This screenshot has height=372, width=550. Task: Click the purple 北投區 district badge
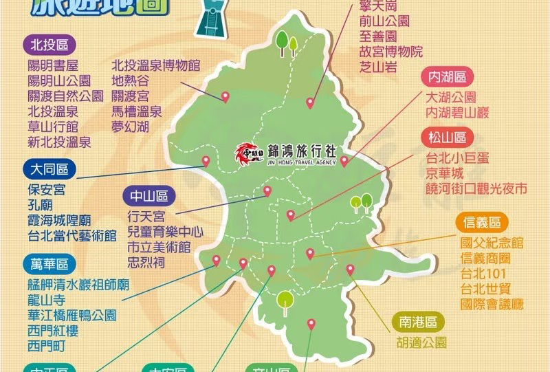click(49, 45)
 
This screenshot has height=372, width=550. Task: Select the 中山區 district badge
click(148, 196)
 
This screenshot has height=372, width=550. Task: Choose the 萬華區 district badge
click(49, 263)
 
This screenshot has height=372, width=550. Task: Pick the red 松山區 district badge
click(448, 136)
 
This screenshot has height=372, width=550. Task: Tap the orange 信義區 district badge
click(482, 223)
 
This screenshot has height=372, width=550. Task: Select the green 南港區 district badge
click(418, 321)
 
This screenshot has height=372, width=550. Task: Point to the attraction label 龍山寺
click(47, 300)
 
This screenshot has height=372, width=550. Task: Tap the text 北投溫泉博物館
click(155, 66)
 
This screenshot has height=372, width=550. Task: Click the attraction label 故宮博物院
click(390, 51)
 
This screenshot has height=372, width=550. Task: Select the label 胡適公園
click(421, 342)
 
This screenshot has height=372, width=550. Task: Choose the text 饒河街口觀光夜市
click(476, 188)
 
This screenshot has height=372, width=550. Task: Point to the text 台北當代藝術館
click(72, 235)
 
